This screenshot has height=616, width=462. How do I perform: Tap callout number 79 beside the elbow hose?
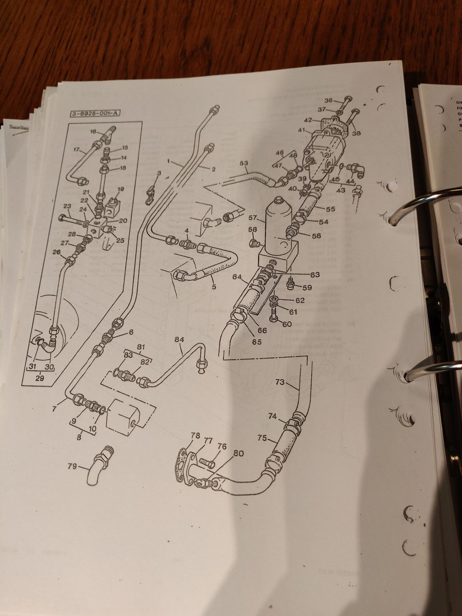click(72, 467)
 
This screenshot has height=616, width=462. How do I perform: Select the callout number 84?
click(180, 339)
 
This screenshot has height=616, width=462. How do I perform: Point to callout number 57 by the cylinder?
click(253, 218)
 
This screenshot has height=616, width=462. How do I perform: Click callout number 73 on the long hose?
click(280, 382)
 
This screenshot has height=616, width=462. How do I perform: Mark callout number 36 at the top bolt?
click(328, 100)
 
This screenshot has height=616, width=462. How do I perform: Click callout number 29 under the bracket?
click(40, 378)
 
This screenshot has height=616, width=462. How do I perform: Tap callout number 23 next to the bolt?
click(67, 207)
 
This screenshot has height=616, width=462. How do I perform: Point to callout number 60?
click(287, 324)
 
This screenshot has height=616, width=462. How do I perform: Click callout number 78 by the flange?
click(195, 435)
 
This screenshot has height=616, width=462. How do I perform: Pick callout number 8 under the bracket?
click(79, 437)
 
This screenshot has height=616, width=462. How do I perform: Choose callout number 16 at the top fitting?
click(93, 131)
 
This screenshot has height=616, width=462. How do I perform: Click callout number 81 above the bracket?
click(141, 347)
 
